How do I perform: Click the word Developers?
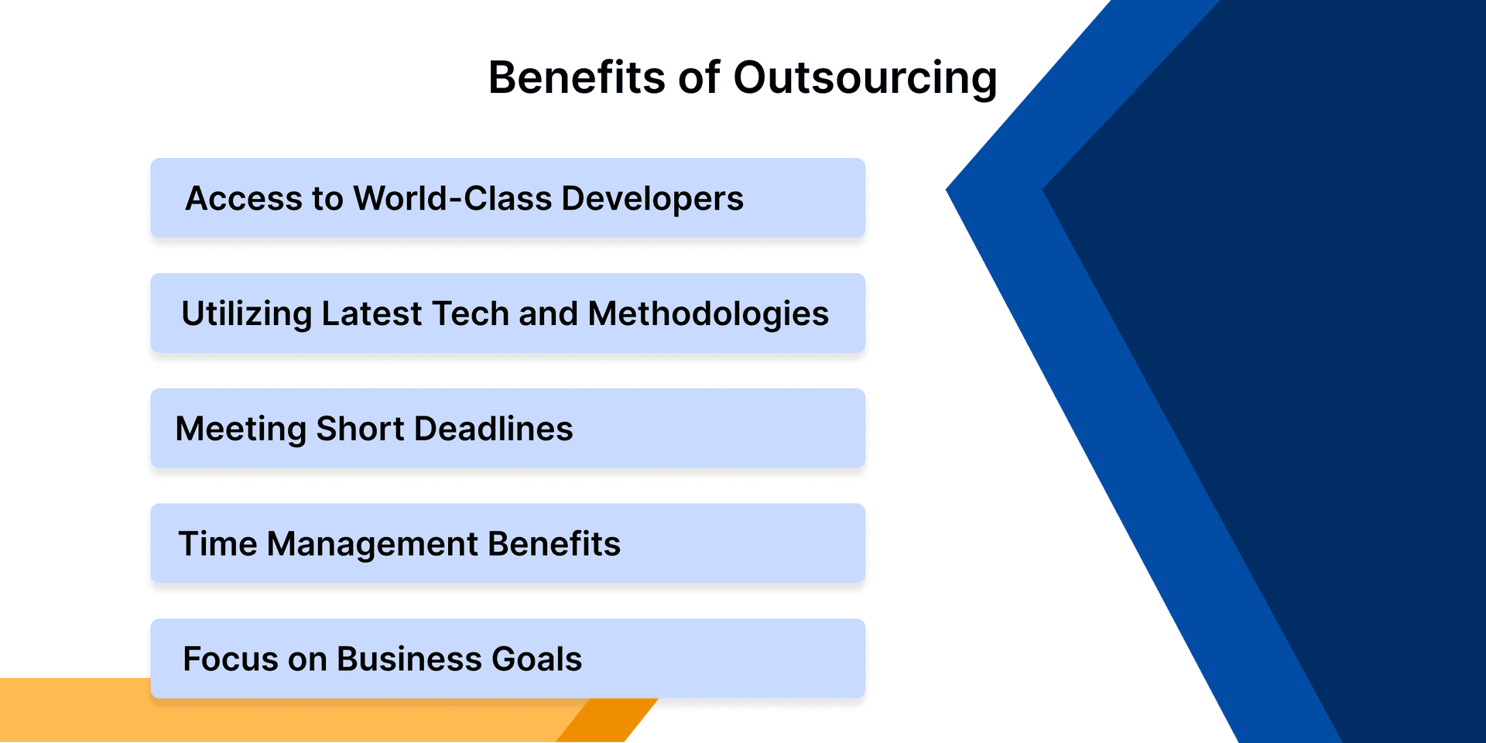[x=652, y=200]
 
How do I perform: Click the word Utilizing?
[x=246, y=314]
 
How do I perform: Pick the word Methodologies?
[x=708, y=314]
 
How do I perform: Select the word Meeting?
[x=241, y=430]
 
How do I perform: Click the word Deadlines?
[x=494, y=429]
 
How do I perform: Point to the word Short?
[x=360, y=429]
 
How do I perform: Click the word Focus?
[x=230, y=659]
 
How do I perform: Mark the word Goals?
[x=536, y=659]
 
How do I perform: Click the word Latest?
[x=371, y=313]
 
